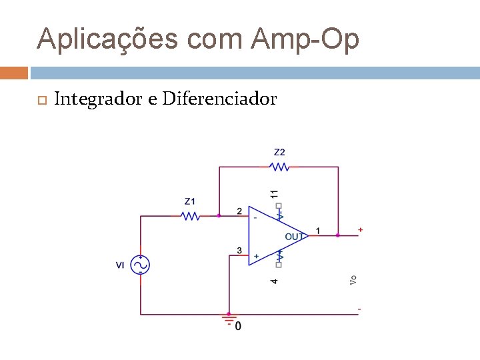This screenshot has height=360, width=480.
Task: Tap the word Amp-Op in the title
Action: tap(305, 39)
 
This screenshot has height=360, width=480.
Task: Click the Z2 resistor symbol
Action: tap(280, 167)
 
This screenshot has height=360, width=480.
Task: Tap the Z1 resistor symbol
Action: tap(191, 215)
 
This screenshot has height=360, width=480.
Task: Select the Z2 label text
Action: tap(280, 152)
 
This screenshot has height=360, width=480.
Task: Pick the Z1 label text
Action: tap(191, 201)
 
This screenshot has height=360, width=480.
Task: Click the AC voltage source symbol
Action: tap(141, 265)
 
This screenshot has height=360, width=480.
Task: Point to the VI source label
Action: tap(120, 265)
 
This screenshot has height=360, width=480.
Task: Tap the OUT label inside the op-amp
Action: tap(295, 236)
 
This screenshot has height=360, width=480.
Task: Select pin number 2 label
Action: tap(239, 211)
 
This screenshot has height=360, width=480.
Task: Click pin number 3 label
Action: tap(239, 251)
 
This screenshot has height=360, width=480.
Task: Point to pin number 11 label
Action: tap(275, 193)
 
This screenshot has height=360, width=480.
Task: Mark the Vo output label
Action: tap(353, 281)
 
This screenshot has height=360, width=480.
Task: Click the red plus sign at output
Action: tap(361, 230)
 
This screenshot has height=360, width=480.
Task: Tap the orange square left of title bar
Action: tap(14, 72)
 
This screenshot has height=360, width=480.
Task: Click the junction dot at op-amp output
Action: tap(338, 235)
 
